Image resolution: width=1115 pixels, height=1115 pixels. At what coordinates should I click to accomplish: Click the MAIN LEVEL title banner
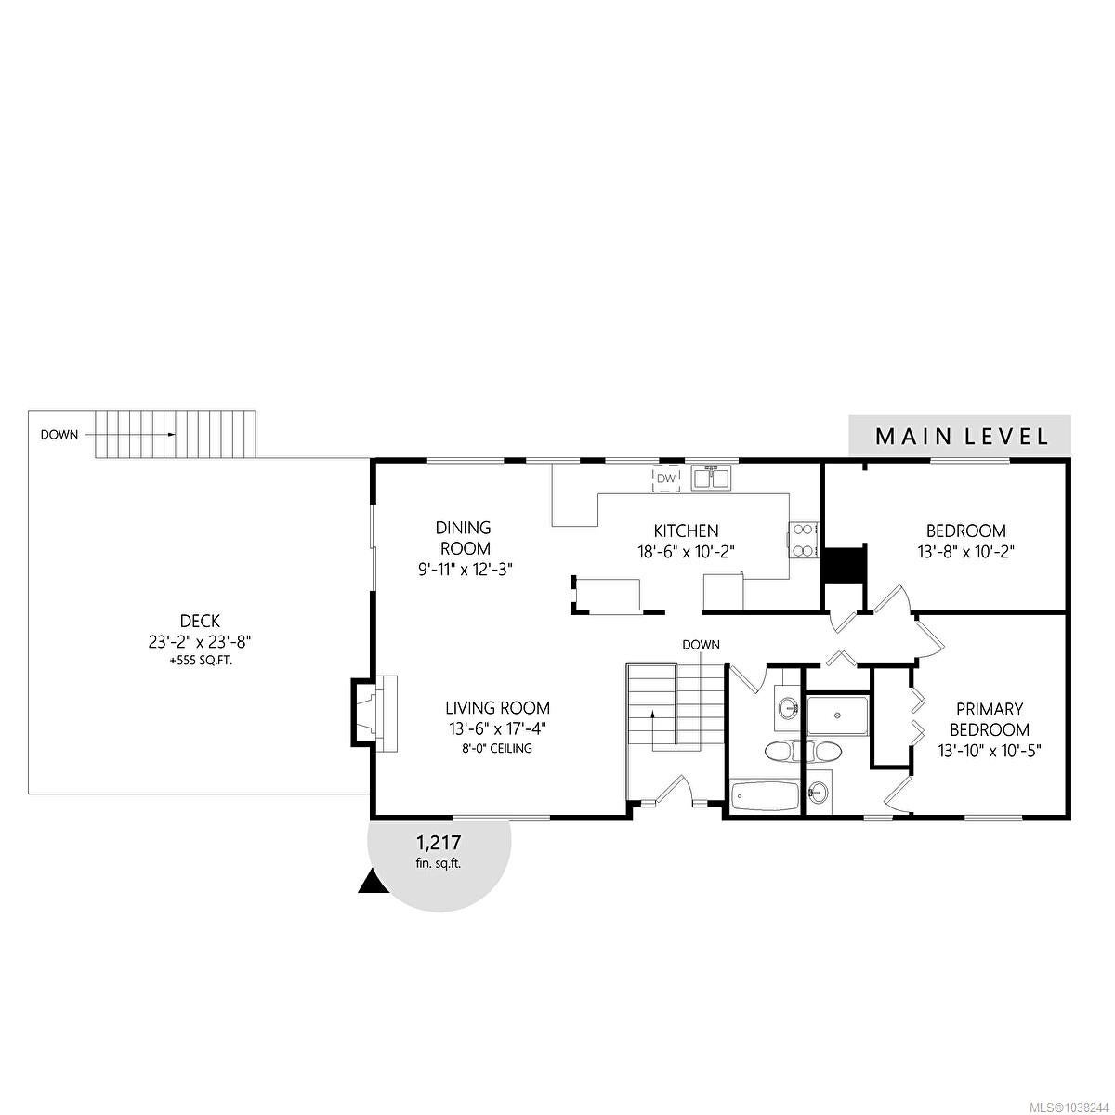[x=959, y=436]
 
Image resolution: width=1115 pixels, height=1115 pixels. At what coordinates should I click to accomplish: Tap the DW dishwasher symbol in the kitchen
[x=666, y=478]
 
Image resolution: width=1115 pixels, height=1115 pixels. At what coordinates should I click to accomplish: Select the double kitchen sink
[x=712, y=478]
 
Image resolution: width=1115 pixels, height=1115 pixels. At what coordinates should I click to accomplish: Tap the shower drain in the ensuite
[x=836, y=715]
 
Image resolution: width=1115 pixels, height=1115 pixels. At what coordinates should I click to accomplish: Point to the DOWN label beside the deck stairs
[x=59, y=435]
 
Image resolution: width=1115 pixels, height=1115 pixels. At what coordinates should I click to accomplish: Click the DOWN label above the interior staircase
[x=702, y=645]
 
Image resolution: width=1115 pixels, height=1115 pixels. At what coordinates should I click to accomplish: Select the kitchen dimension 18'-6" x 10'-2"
[x=687, y=552]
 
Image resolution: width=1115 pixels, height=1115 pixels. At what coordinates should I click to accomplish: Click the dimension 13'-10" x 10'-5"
[x=990, y=751]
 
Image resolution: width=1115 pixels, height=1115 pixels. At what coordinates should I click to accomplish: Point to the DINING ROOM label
[x=463, y=538]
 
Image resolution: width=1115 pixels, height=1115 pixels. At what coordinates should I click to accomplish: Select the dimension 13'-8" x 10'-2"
[x=966, y=552]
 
